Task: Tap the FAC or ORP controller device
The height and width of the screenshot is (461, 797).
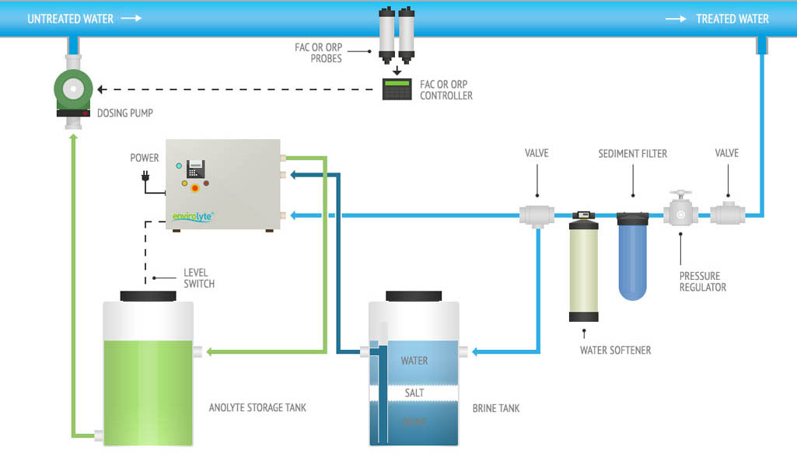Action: pos(397,89)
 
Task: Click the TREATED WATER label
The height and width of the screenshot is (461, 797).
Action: pos(732,19)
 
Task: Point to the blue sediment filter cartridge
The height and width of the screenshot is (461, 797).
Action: pos(632,257)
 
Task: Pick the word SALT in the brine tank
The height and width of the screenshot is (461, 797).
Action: pos(414,393)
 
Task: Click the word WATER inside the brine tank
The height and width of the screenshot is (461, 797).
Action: pos(414,361)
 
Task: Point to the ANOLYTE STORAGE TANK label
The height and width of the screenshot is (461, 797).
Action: pos(257,407)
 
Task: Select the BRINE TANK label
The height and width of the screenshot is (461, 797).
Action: pos(496,408)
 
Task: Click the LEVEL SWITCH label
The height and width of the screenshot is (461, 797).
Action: pos(198,278)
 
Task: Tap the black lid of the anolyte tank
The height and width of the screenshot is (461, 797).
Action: pos(148,296)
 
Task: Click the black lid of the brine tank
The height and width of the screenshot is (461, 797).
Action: pos(414,296)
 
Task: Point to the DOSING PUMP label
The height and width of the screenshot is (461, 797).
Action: pos(124,114)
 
